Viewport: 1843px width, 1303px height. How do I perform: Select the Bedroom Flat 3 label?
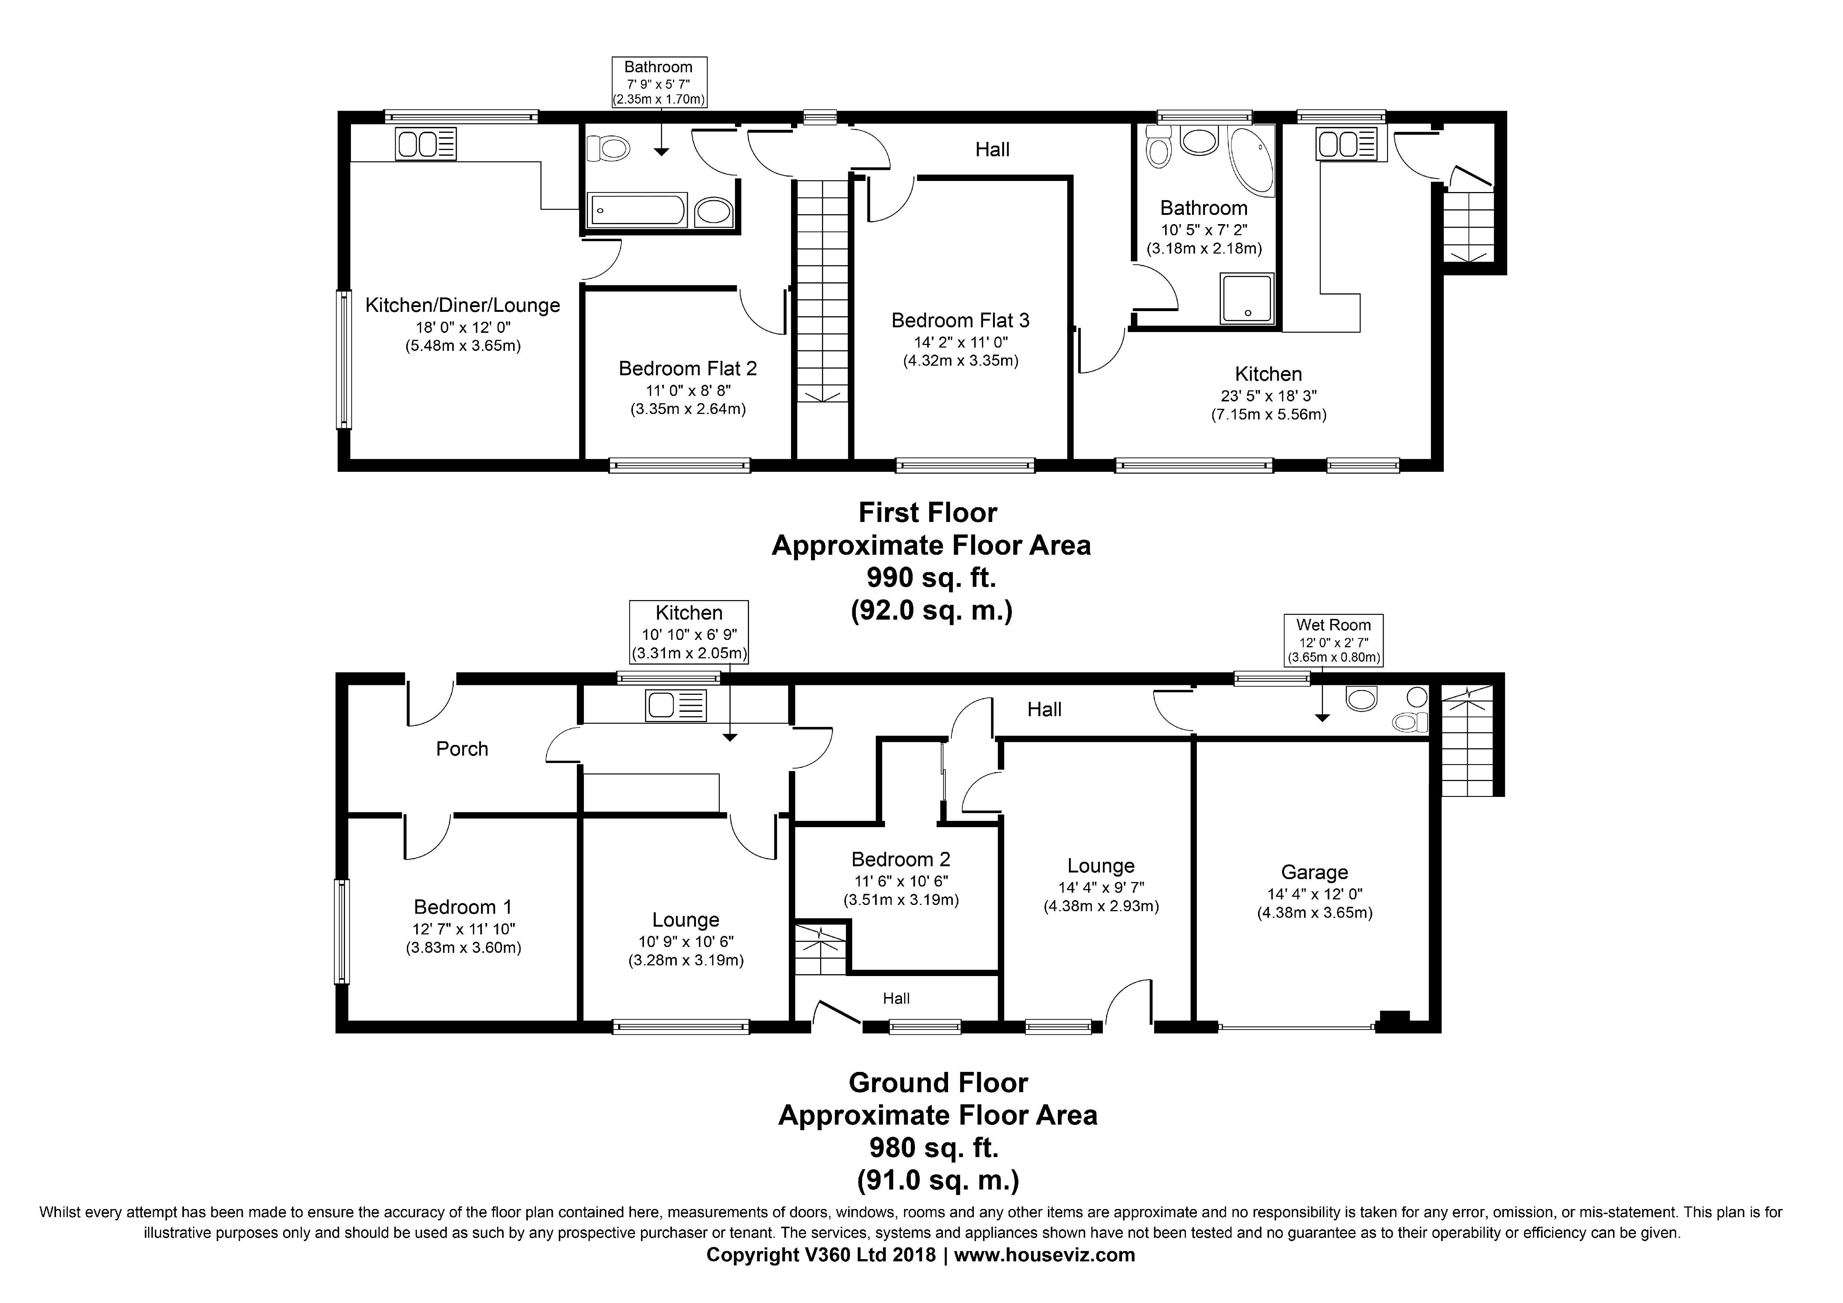960,320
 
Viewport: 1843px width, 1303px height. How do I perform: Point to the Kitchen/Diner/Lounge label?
462,305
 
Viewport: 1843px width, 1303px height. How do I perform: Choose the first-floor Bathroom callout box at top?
658,82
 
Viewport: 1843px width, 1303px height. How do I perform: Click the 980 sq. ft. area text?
934,1148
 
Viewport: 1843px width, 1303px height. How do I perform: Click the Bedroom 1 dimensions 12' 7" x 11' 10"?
463,929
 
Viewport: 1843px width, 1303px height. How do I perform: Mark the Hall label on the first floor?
992,149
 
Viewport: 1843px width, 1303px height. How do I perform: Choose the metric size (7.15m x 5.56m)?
1268,415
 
